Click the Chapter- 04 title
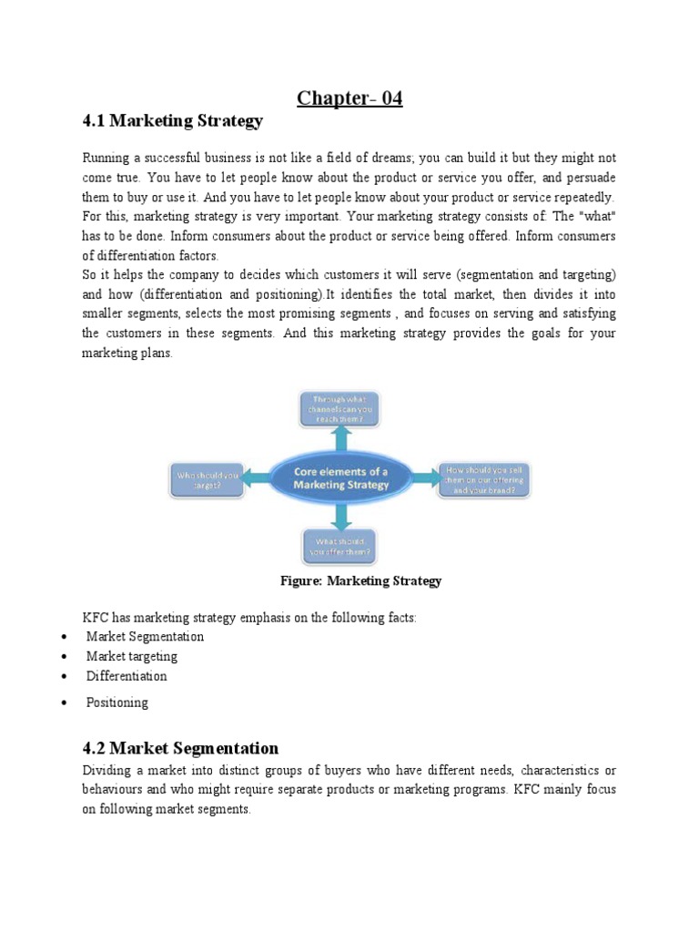click(x=349, y=97)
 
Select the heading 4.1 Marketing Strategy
click(x=172, y=120)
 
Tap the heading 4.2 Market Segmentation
click(x=180, y=748)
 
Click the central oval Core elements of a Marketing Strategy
click(x=340, y=478)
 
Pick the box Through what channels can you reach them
click(x=340, y=408)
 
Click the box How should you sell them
click(x=483, y=479)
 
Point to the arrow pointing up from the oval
click(x=340, y=439)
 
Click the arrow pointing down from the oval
click(x=340, y=517)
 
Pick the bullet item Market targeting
click(x=132, y=656)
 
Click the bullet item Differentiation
click(x=127, y=676)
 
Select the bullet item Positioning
click(x=116, y=702)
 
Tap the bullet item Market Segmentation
click(x=145, y=636)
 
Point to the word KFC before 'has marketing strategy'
click(x=96, y=618)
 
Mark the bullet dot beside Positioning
click(x=63, y=703)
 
